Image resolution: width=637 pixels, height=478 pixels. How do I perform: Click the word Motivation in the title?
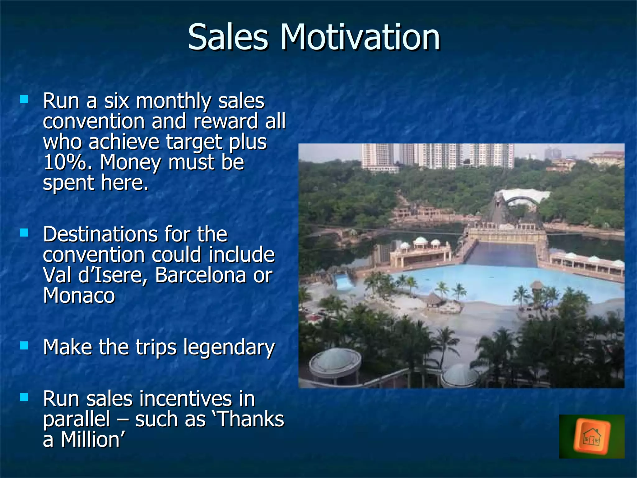(x=360, y=37)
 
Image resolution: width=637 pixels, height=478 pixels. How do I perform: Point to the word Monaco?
(x=79, y=295)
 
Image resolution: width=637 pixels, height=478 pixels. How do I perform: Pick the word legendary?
(x=229, y=347)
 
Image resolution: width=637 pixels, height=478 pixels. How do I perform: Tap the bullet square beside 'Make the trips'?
(x=24, y=345)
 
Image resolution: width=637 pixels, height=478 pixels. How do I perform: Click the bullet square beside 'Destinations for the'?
(x=24, y=233)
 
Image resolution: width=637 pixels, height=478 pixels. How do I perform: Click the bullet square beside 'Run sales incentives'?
(x=24, y=397)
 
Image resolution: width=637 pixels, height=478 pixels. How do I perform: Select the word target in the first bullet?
(x=194, y=142)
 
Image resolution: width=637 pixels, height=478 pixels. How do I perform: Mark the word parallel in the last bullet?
(x=77, y=419)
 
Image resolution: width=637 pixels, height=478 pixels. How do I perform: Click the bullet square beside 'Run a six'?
(x=24, y=100)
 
